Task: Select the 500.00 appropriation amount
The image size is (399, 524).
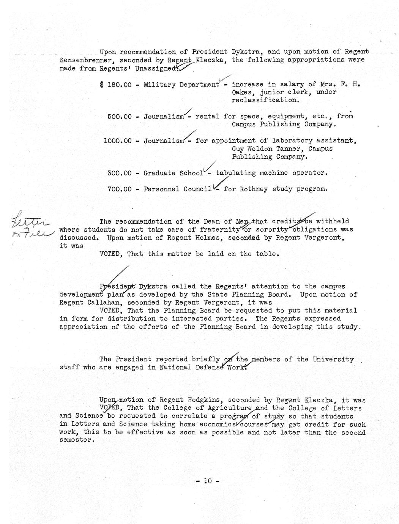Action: tap(120, 116)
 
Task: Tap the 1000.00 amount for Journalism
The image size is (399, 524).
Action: tap(118, 140)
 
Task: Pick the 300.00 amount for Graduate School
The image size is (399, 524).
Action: tap(120, 173)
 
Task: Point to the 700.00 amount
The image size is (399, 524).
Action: tap(120, 189)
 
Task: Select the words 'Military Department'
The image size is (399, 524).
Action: tap(181, 84)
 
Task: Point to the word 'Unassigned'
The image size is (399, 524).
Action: tap(156, 68)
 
